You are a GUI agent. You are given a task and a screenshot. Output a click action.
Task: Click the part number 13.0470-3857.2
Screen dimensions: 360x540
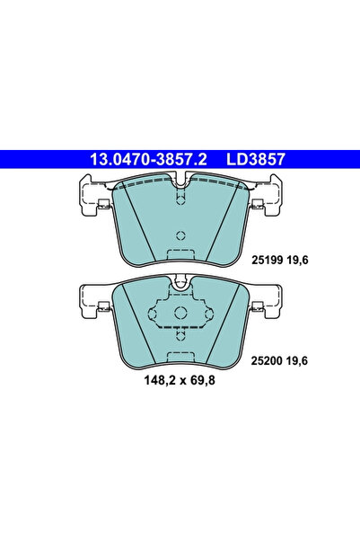tap(148, 159)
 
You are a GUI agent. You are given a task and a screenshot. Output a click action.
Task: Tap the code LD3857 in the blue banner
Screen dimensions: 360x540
tap(256, 159)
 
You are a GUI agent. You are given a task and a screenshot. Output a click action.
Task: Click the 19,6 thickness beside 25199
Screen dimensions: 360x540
tap(298, 261)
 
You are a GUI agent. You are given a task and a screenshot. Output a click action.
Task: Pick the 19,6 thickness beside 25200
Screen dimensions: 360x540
tap(298, 361)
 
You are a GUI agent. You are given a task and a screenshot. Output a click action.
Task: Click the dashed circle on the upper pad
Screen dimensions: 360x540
tap(180, 235)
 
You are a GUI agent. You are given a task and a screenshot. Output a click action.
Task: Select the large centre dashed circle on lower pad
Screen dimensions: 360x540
tap(180, 313)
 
